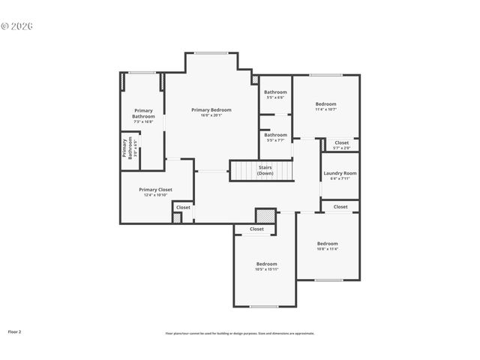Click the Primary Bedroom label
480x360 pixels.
(x=211, y=109)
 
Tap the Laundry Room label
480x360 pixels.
(x=340, y=173)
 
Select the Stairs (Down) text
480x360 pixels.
(x=265, y=170)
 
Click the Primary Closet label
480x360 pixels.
(x=155, y=190)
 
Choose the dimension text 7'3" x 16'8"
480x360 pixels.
(x=143, y=121)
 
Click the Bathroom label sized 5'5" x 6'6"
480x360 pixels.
(x=275, y=91)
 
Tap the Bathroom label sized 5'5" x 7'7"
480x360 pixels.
(x=275, y=135)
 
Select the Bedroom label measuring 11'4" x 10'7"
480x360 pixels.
(x=325, y=103)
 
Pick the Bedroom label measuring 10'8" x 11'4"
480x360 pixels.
(x=327, y=243)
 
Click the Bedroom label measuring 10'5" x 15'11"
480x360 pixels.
(x=266, y=264)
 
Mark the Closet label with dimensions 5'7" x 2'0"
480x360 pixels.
(x=341, y=142)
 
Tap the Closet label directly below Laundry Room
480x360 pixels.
(x=340, y=206)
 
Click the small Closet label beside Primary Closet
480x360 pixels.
(x=183, y=206)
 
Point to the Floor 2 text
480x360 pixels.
(x=14, y=331)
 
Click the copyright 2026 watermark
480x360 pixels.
(x=16, y=26)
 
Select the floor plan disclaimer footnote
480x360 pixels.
(x=240, y=333)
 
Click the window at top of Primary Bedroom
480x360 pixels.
(x=211, y=52)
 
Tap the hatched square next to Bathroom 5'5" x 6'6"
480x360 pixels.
(x=255, y=79)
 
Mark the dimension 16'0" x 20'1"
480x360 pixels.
(x=211, y=115)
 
